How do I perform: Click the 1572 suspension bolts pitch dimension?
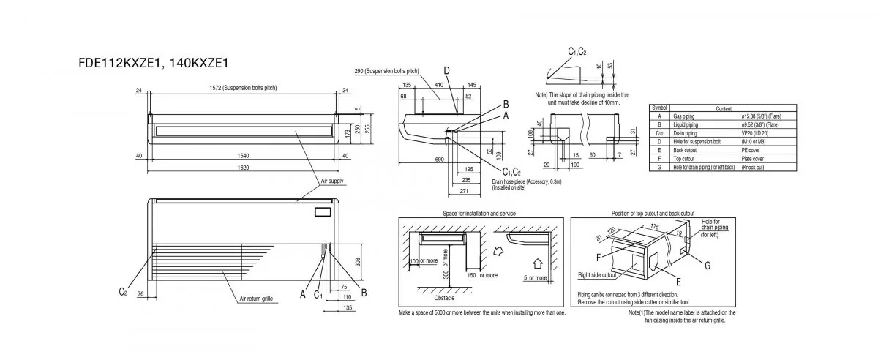(x=243, y=88)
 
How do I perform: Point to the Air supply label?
(x=332, y=181)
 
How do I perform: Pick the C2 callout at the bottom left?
(x=124, y=293)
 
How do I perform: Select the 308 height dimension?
(x=359, y=261)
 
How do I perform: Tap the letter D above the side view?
(x=446, y=70)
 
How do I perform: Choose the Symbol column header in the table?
(x=659, y=108)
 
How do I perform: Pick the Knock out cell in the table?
(x=754, y=168)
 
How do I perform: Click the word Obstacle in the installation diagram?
(x=445, y=299)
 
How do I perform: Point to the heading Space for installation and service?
(x=479, y=213)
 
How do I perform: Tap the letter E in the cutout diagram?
(x=678, y=281)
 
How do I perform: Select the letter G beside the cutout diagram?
(x=708, y=266)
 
